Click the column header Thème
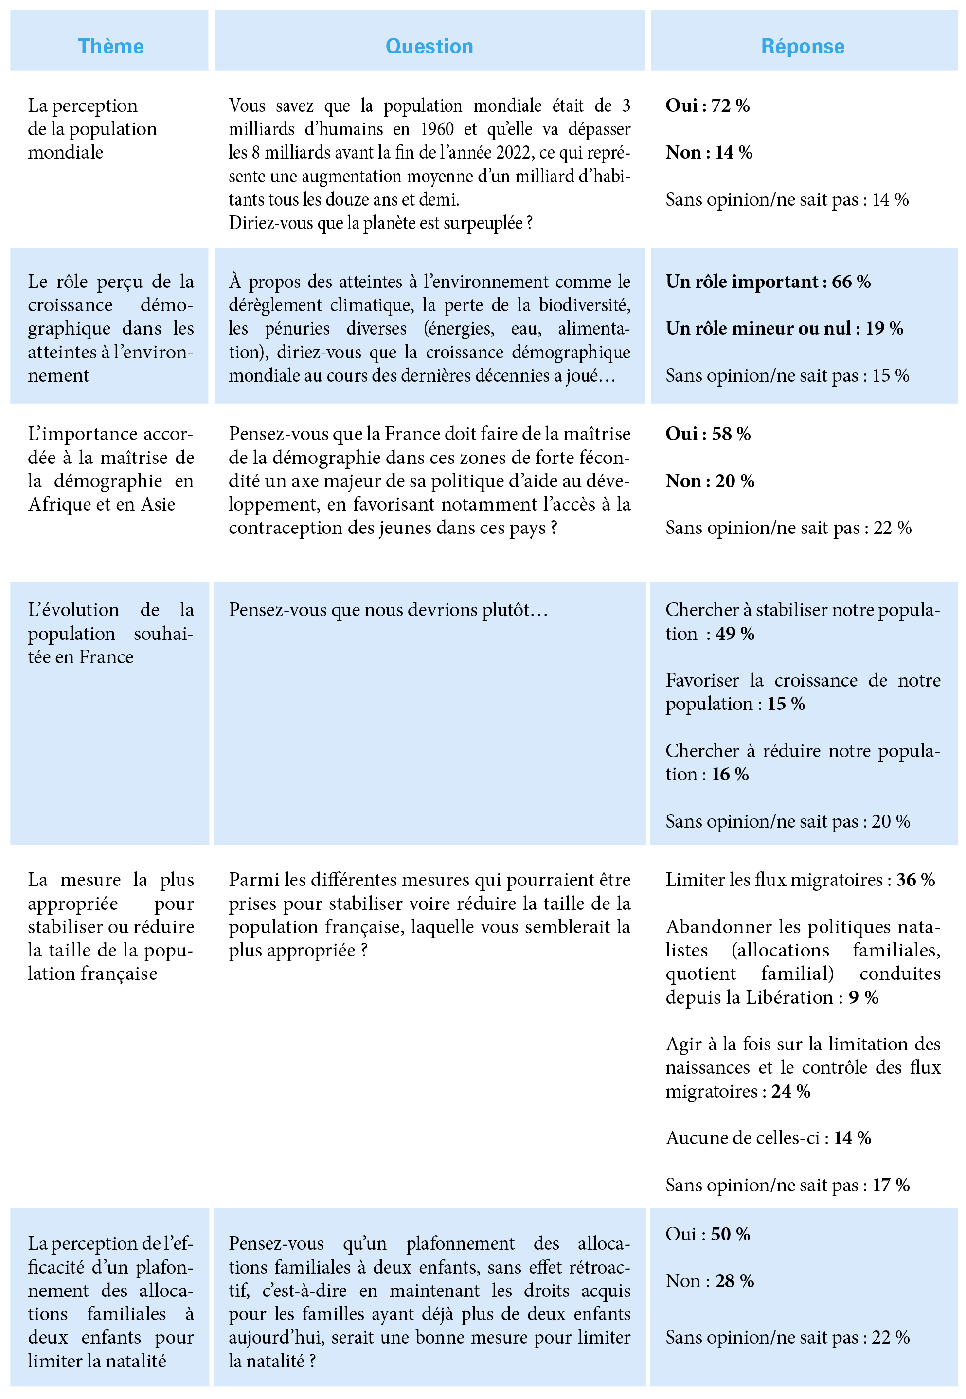111,47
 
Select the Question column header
429,47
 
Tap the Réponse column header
803,47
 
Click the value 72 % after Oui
731,106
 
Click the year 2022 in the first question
514,153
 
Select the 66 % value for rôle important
851,282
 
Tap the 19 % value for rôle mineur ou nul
884,329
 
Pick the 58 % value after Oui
731,434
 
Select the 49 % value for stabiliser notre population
735,634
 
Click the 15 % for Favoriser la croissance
786,704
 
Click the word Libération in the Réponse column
789,997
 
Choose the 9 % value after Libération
864,997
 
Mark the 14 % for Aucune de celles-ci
852,1138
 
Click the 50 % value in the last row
731,1235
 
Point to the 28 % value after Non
735,1281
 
